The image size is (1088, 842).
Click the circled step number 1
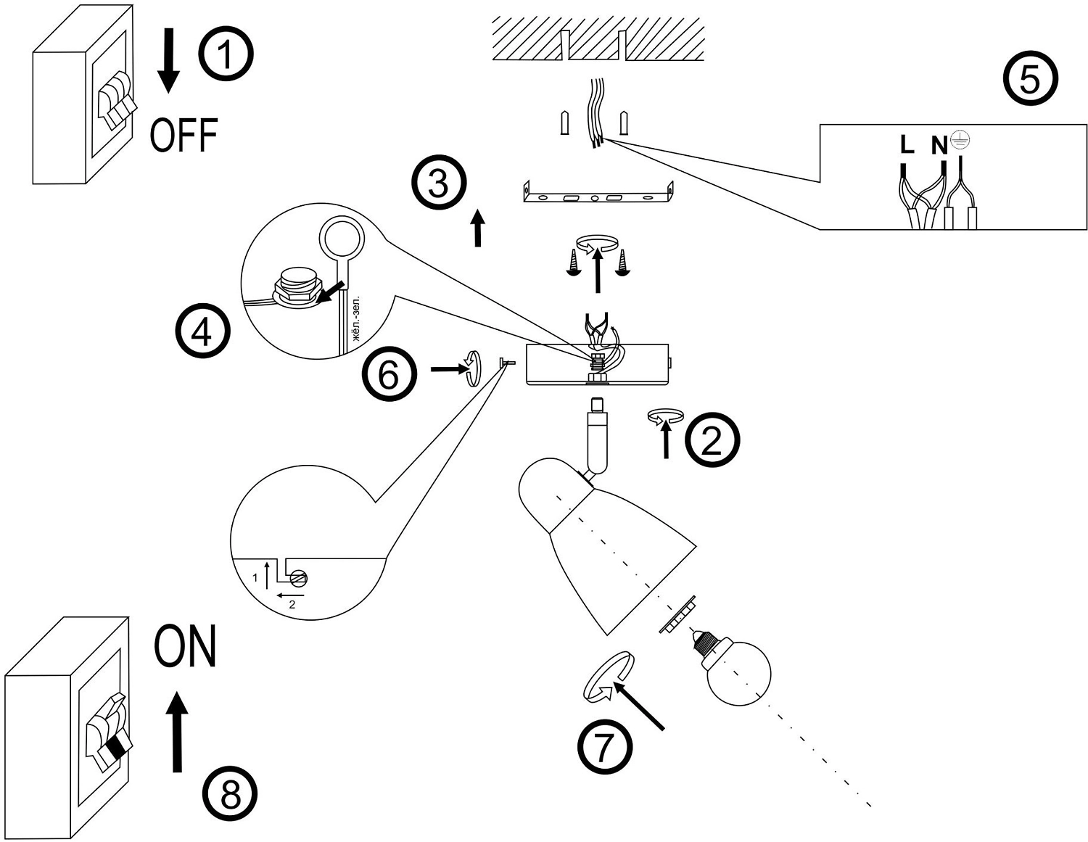[226, 55]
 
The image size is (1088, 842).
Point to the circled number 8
[230, 796]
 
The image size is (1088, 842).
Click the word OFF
[184, 136]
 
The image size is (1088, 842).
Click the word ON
[186, 648]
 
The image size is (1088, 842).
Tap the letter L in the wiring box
[907, 145]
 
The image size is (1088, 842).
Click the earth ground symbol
[960, 140]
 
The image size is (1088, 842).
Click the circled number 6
[390, 375]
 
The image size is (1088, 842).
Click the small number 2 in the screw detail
[292, 603]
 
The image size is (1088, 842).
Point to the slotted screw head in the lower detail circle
[299, 578]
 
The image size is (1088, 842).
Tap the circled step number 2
[712, 439]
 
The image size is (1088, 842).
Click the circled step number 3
[439, 182]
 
